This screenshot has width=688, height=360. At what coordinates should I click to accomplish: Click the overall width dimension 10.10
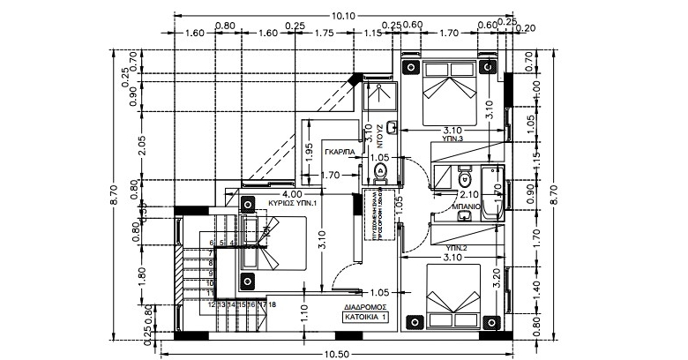tap(342, 15)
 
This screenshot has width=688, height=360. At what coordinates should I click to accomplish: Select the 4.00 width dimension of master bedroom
tap(293, 193)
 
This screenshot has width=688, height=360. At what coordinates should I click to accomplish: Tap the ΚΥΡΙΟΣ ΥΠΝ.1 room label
tap(293, 203)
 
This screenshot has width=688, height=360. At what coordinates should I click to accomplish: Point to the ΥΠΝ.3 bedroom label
tap(453, 139)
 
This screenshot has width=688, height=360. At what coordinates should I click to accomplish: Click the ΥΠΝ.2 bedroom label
tap(453, 248)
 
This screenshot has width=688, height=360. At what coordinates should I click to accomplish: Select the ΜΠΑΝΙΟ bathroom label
tap(465, 209)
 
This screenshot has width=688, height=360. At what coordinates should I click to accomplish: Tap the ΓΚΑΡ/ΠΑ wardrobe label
tap(340, 152)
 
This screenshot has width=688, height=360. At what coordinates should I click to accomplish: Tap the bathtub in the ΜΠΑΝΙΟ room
tap(494, 190)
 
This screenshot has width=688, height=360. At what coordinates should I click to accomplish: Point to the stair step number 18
tap(273, 304)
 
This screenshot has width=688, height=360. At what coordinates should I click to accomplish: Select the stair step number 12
tap(212, 304)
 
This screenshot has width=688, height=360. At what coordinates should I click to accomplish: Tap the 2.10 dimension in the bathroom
tap(469, 194)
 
